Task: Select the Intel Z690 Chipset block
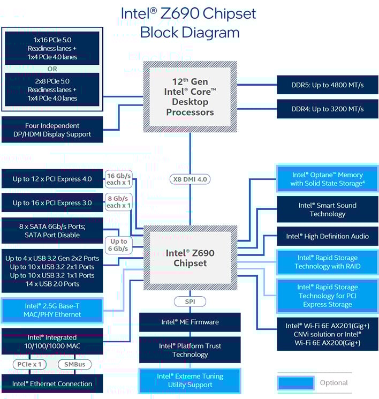pyautogui.click(x=189, y=258)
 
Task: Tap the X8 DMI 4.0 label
pyautogui.click(x=190, y=180)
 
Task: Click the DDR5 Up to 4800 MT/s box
pyautogui.click(x=327, y=84)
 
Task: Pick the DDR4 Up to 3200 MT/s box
pyautogui.click(x=327, y=109)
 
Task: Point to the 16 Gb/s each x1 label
pyautogui.click(x=119, y=179)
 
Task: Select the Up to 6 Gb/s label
pyautogui.click(x=119, y=245)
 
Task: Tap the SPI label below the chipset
pyautogui.click(x=190, y=302)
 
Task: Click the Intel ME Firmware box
pyautogui.click(x=190, y=322)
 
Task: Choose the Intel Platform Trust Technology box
pyautogui.click(x=190, y=350)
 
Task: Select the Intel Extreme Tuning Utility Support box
pyautogui.click(x=190, y=381)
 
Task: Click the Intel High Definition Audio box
pyautogui.click(x=327, y=236)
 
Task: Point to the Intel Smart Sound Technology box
pyautogui.click(x=327, y=209)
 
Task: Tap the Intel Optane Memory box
pyautogui.click(x=327, y=179)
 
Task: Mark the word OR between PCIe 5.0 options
pyautogui.click(x=52, y=69)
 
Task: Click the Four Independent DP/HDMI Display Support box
pyautogui.click(x=52, y=130)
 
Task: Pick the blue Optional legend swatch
pyautogui.click(x=295, y=382)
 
